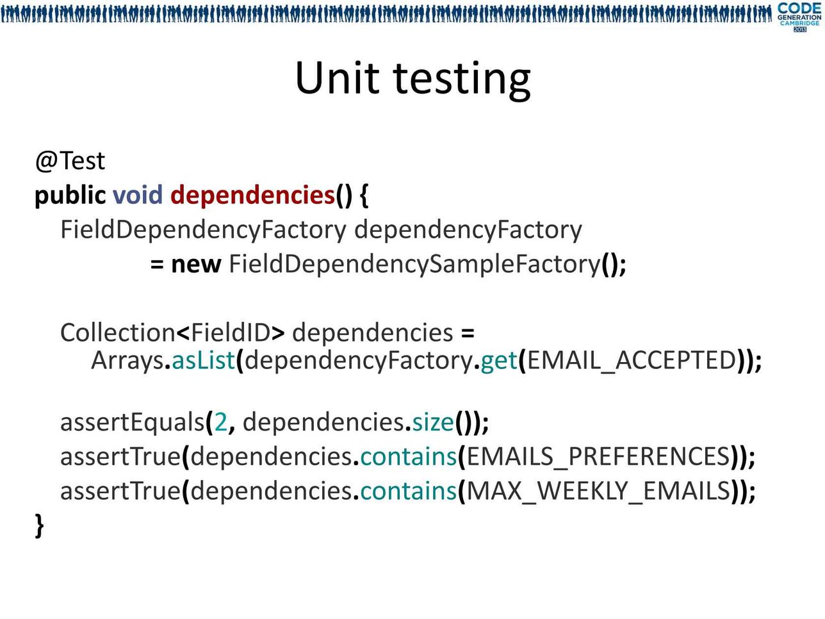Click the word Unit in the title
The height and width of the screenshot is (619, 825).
coord(337,78)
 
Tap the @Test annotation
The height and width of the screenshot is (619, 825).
coord(70,161)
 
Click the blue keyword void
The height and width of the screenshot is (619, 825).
coord(138,195)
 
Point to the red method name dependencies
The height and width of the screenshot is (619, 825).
coord(252,195)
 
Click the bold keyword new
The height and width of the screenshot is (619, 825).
coord(196,265)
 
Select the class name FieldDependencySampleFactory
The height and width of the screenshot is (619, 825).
coord(414,265)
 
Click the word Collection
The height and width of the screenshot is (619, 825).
coord(118,333)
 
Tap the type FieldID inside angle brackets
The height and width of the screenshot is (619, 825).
coord(231,333)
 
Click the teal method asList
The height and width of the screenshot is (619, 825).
coord(203,360)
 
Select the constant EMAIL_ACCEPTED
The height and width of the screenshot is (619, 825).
coord(631,361)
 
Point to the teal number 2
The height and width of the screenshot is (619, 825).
coord(220,422)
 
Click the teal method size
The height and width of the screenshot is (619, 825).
coord(433,422)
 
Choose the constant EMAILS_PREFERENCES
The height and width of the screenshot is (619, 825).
coord(598,458)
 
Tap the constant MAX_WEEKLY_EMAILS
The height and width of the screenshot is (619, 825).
coord(598,491)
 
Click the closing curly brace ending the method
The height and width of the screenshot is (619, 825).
coord(40,527)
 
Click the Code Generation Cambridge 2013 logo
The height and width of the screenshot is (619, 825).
coord(799,17)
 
